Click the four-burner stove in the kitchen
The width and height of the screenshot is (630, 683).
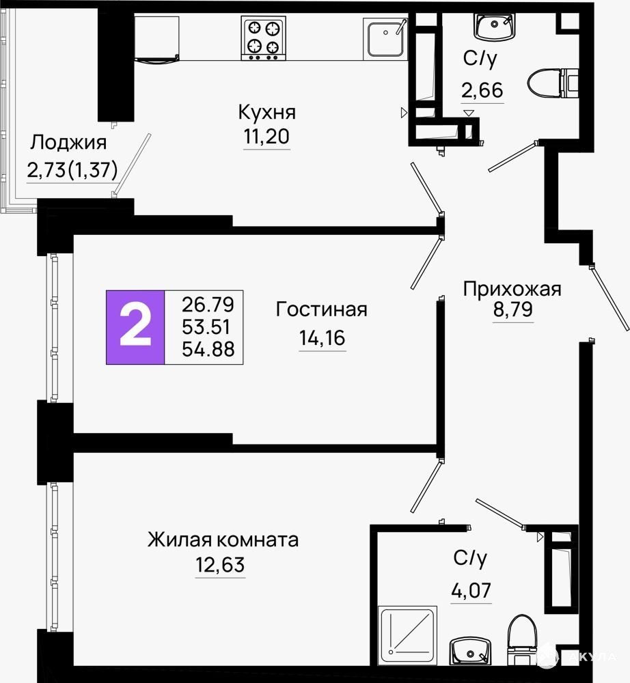pos(263,38)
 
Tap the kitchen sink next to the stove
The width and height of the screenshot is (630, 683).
pos(385,38)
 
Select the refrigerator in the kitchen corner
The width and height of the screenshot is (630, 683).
pos(157,39)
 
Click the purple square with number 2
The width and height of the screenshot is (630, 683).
pos(135,327)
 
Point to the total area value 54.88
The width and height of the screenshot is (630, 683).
pos(208,349)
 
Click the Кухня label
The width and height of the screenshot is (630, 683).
pos(266,113)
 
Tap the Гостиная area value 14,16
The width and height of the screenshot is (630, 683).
pos(322,337)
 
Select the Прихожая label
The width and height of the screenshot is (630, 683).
pos(512,289)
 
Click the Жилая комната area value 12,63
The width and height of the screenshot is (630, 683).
pos(220,565)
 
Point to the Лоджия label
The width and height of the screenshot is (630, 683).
pos(68,143)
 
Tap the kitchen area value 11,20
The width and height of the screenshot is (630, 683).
pos(266,137)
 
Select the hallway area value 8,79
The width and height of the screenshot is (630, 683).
pos(512,309)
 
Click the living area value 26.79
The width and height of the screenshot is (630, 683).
pos(208,305)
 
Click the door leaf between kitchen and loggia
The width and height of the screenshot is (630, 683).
pos(132,165)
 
